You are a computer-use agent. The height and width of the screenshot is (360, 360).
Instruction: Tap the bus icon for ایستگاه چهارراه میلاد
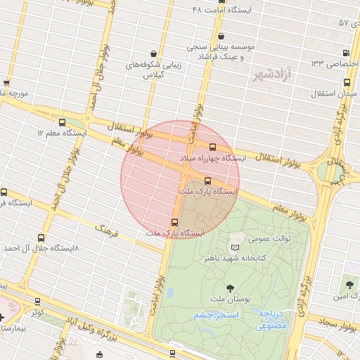click(x=213, y=147)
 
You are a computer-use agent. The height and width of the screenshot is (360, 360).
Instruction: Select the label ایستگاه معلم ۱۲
click(x=61, y=132)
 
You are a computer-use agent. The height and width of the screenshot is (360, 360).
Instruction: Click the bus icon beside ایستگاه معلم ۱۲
click(x=62, y=122)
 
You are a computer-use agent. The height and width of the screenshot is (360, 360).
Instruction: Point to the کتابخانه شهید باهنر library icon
click(x=235, y=247)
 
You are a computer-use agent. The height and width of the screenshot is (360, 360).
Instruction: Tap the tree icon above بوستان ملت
click(x=231, y=286)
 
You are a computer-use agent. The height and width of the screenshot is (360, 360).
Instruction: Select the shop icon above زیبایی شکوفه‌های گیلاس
click(x=154, y=53)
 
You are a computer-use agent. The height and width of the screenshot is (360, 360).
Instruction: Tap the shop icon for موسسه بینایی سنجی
click(x=221, y=36)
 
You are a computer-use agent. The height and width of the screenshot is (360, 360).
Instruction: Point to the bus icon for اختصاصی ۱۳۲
click(x=346, y=53)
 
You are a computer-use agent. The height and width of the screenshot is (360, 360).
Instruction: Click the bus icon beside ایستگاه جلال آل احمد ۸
click(x=41, y=238)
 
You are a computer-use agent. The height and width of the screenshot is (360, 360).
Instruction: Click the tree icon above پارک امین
click(x=349, y=285)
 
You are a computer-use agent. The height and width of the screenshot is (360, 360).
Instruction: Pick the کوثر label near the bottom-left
click(x=38, y=310)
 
